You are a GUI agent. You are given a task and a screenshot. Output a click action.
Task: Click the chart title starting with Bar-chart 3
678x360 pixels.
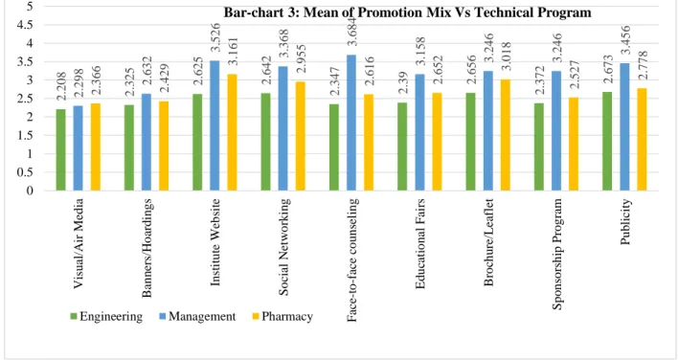(x=407, y=12)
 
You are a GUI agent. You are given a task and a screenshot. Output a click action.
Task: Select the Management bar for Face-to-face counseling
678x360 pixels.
(x=351, y=123)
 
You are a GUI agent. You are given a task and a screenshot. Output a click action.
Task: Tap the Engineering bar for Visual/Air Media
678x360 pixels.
(x=60, y=150)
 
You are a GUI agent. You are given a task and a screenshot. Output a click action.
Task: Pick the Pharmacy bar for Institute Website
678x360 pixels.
(x=232, y=132)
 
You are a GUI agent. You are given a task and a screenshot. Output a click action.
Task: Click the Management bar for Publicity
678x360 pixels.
(x=624, y=127)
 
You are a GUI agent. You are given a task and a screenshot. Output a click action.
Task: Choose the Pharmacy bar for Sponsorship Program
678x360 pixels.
(x=574, y=144)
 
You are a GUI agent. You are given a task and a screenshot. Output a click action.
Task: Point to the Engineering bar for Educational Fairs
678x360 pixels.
(x=402, y=146)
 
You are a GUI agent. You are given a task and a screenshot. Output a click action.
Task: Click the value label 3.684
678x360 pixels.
(x=351, y=31)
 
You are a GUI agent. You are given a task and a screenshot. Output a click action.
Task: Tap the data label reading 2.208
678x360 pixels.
(x=60, y=86)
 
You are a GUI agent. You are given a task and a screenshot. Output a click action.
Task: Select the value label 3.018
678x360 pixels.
(x=506, y=56)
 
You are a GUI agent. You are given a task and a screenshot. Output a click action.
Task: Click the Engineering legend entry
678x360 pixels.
(x=106, y=316)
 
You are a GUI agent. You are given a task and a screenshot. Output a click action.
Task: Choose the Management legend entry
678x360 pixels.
(x=197, y=316)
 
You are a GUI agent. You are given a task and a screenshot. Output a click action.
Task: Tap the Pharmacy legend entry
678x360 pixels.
(x=282, y=316)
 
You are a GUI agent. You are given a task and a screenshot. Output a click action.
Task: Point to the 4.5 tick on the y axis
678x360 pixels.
(x=25, y=25)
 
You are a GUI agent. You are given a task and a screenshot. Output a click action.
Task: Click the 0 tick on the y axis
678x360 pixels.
(x=30, y=191)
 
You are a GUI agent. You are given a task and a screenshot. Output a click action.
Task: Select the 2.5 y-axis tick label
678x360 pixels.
(x=25, y=99)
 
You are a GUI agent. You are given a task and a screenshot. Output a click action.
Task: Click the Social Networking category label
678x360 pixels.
(x=283, y=247)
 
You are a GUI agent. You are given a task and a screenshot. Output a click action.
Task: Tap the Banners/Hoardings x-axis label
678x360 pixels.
(x=147, y=248)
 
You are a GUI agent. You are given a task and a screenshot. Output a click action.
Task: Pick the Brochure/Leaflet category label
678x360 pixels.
(x=488, y=242)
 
